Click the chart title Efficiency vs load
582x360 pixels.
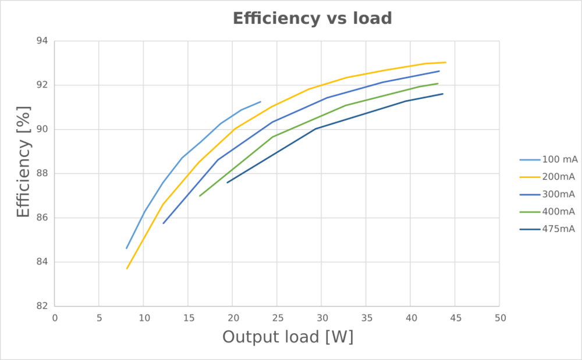312,18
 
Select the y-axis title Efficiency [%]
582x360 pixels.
23,162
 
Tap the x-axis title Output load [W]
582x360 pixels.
288,337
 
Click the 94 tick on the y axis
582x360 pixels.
42,41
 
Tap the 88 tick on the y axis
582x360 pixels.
42,173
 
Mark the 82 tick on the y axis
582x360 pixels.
42,306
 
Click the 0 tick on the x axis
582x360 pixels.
55,318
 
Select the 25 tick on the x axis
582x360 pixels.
277,318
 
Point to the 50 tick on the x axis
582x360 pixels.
500,318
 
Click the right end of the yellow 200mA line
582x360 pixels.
445,62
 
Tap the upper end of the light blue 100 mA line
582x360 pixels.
261,102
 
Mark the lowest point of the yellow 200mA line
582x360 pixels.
127,269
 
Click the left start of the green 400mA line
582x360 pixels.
200,196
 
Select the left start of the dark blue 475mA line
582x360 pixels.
227,183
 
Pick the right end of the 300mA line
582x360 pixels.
439,71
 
